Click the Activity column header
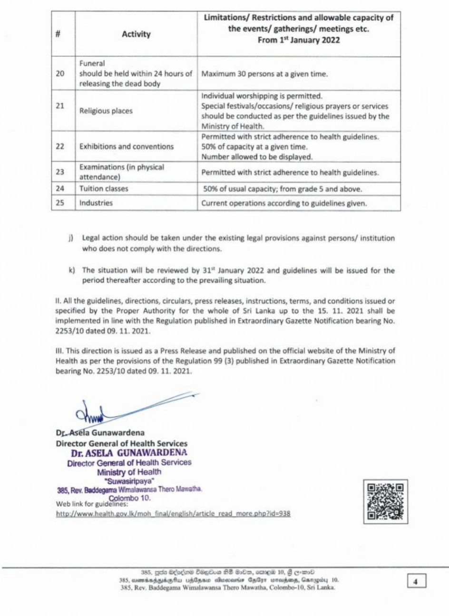click(136, 34)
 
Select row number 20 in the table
click(60, 74)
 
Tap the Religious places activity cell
click(106, 111)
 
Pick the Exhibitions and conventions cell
click(127, 146)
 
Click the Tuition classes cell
click(104, 189)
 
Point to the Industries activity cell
click(96, 203)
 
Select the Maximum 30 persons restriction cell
click(265, 74)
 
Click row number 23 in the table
click(60, 172)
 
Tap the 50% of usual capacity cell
click(283, 189)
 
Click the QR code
click(385, 501)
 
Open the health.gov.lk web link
click(173, 514)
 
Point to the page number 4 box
click(416, 581)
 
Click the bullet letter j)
click(71, 238)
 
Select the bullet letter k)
click(72, 270)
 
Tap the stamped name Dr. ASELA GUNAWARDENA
click(129, 452)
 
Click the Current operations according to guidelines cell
click(284, 203)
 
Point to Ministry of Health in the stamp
click(129, 472)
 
